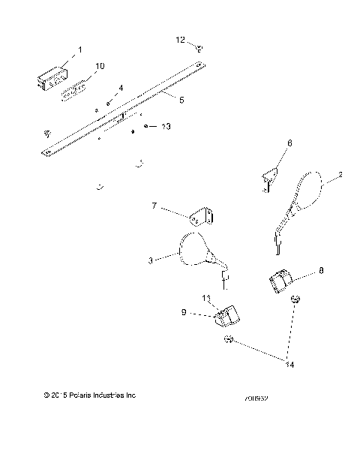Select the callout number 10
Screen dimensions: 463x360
click(x=99, y=66)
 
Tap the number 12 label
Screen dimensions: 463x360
click(x=180, y=38)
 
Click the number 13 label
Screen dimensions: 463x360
click(x=166, y=128)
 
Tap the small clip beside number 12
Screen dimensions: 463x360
click(x=199, y=48)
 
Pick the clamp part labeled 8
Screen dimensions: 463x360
click(x=280, y=282)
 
